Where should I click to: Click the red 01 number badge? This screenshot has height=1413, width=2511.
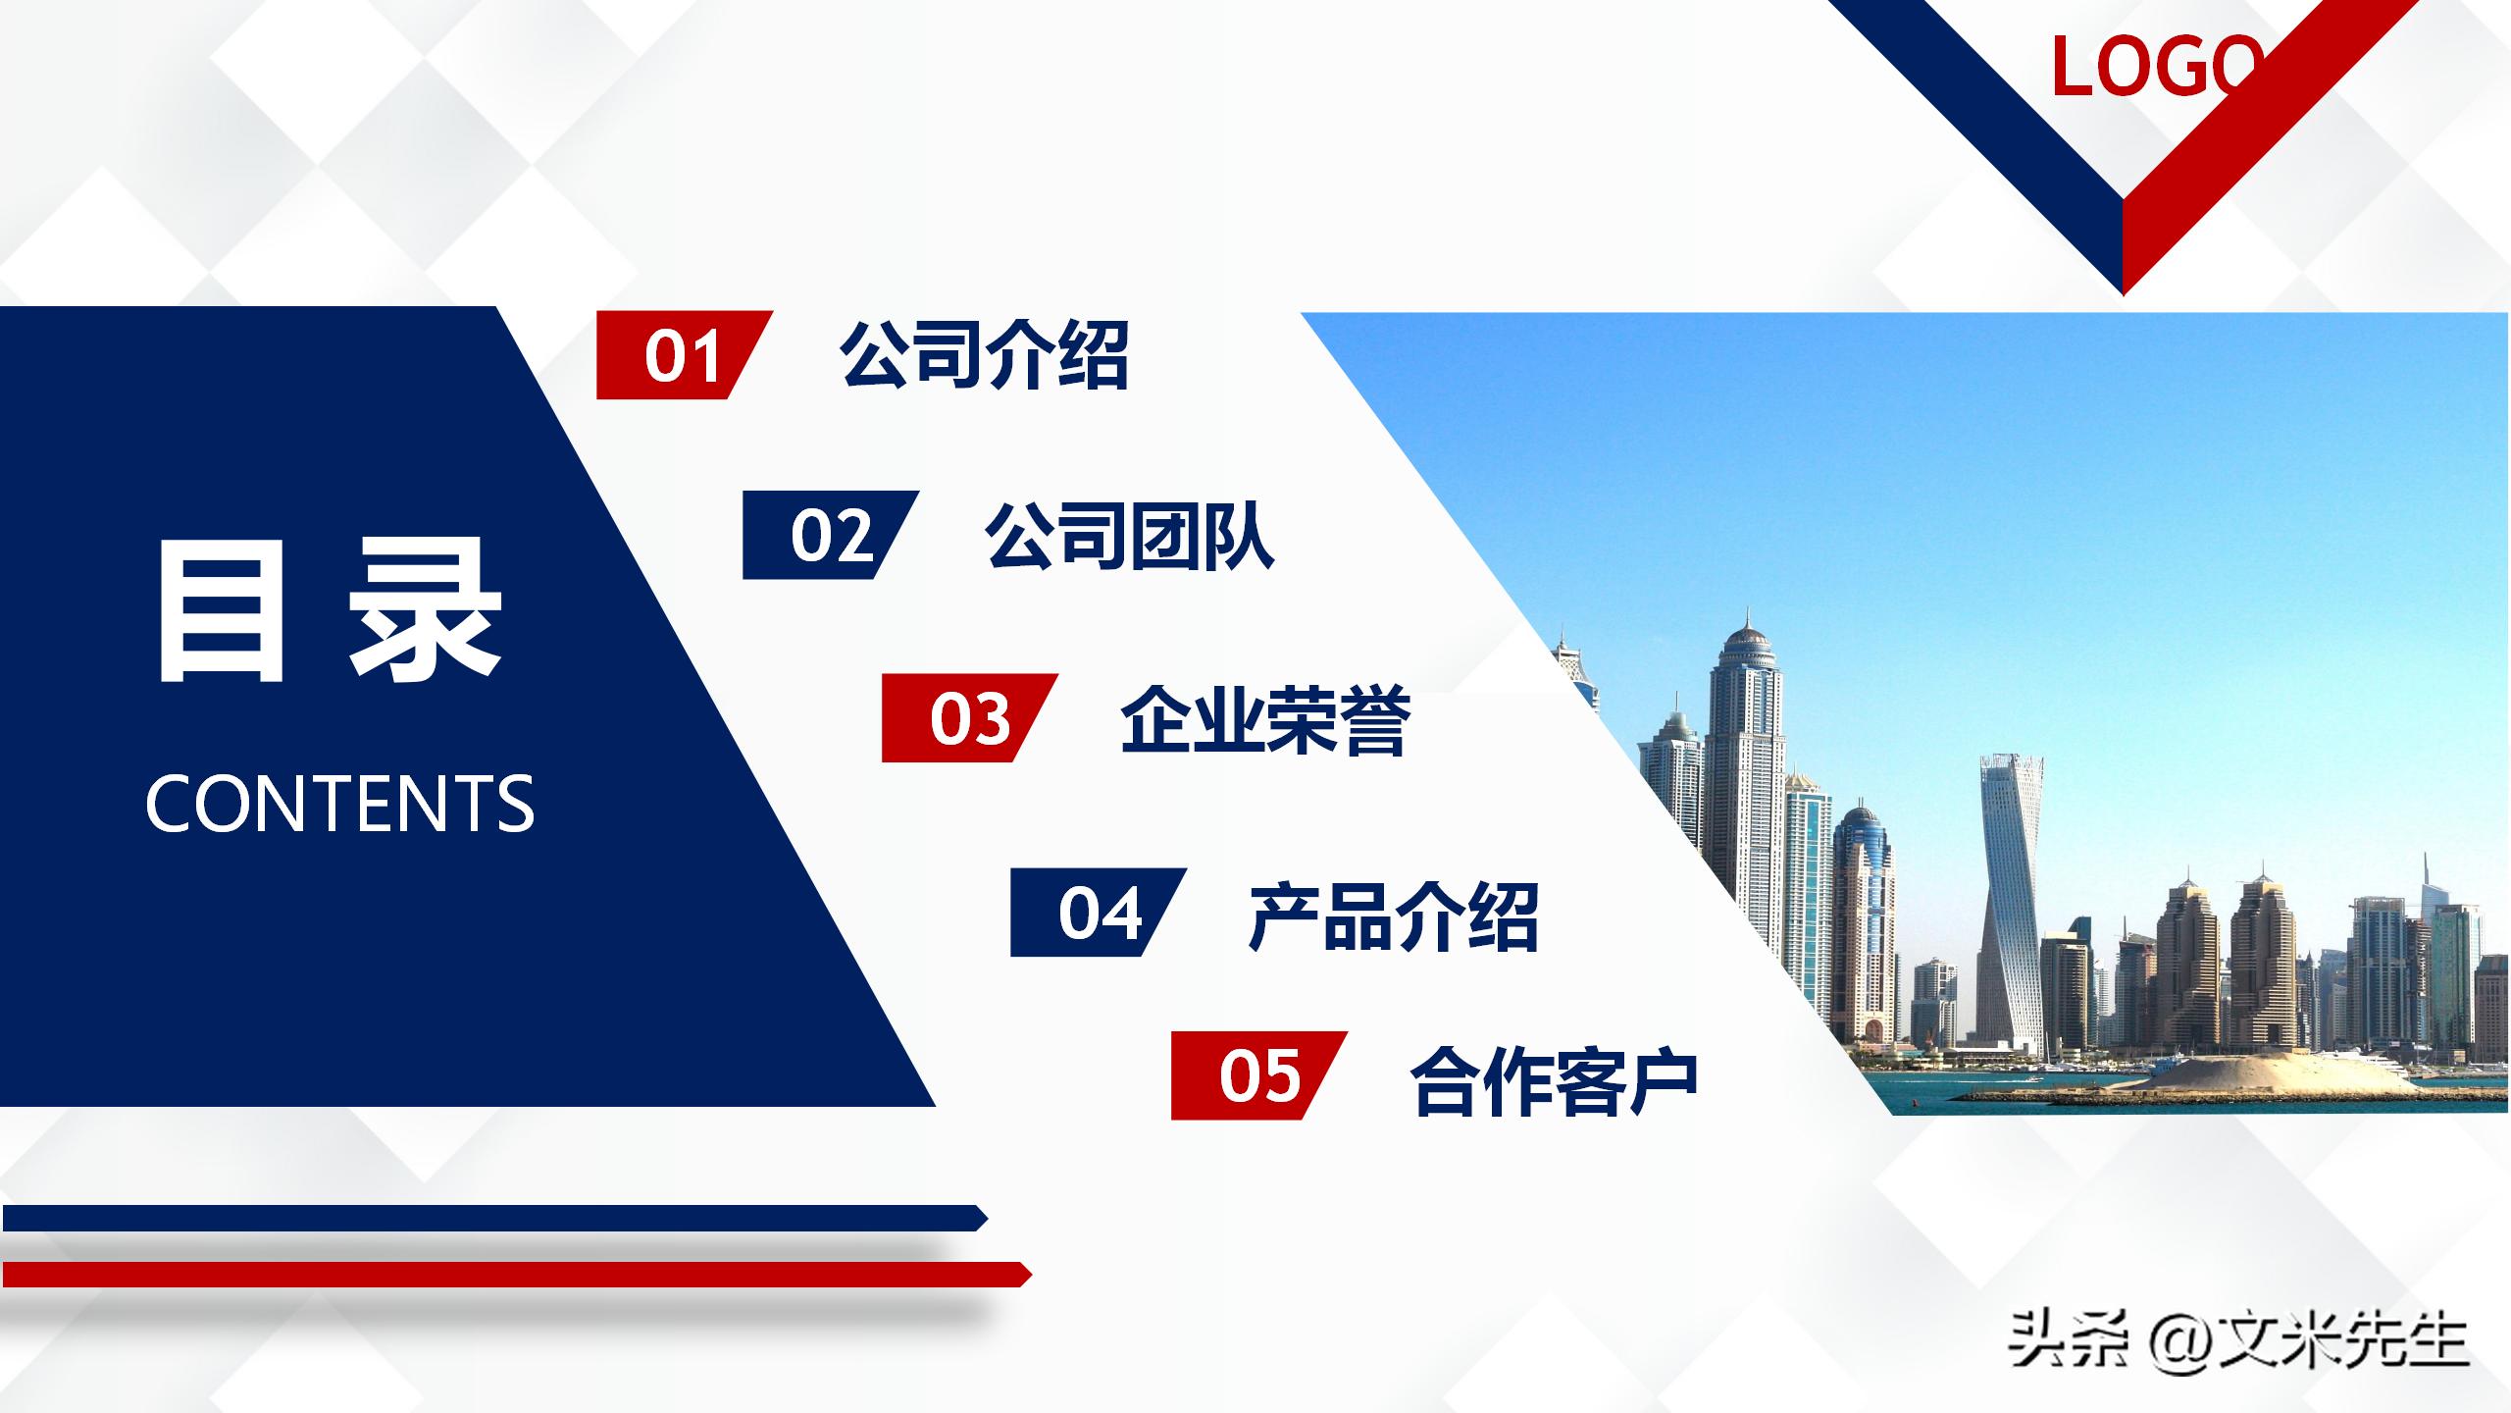coord(683,355)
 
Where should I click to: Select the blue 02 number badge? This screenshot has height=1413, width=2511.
coord(830,535)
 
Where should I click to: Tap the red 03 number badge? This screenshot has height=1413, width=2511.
coord(968,718)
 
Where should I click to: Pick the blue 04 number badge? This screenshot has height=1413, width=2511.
coord(1098,913)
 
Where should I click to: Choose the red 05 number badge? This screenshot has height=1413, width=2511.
coord(1258,1075)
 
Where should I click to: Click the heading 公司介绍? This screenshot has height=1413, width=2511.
coord(984,355)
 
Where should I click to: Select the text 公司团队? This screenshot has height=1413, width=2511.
coord(1129,536)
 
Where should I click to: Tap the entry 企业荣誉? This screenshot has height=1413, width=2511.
coord(1264,719)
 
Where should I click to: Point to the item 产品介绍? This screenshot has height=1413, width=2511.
coord(1393,916)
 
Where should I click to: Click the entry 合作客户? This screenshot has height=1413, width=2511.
coord(1554,1079)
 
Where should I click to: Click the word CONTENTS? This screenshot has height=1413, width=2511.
coord(339,804)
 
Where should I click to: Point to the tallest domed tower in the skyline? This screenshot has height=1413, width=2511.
coord(1747,785)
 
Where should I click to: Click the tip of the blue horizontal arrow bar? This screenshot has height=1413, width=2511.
coord(984,1218)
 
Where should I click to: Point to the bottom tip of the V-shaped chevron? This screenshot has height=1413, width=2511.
coord(2123,290)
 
